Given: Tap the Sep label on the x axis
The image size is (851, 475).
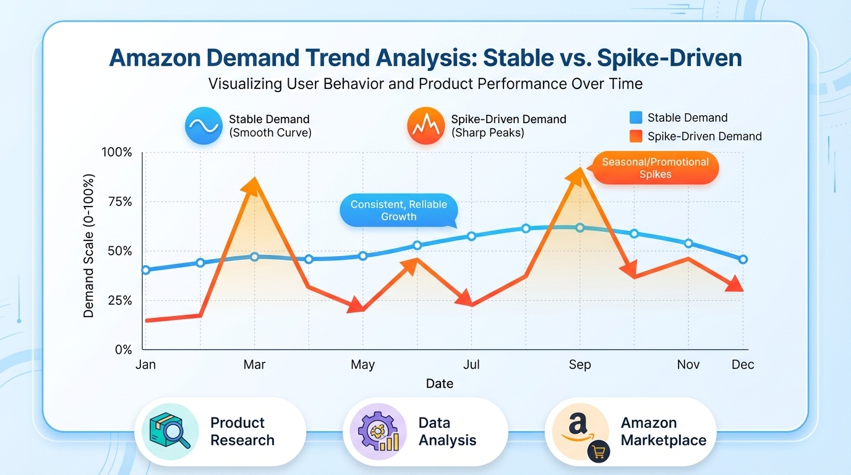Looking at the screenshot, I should pyautogui.click(x=579, y=365).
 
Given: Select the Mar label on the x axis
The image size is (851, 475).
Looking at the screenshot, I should pyautogui.click(x=254, y=365).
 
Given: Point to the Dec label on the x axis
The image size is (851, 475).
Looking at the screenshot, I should pyautogui.click(x=743, y=365).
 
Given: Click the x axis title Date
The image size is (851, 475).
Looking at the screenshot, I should pyautogui.click(x=439, y=383).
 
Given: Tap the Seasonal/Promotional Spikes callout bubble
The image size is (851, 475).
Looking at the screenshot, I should pyautogui.click(x=656, y=168).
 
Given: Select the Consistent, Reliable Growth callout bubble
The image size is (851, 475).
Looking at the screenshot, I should pyautogui.click(x=399, y=210).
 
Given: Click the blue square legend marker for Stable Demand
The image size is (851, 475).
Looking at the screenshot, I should pyautogui.click(x=635, y=118).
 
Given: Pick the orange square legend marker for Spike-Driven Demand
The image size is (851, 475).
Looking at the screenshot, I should pyautogui.click(x=635, y=137).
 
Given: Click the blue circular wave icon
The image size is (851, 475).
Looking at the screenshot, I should pyautogui.click(x=203, y=126).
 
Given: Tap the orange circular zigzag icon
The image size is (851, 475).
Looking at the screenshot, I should pyautogui.click(x=426, y=126).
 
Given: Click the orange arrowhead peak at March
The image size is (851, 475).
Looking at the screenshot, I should pyautogui.click(x=254, y=184).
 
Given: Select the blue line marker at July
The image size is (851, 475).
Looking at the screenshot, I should pyautogui.click(x=471, y=236).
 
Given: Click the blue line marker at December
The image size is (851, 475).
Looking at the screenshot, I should pyautogui.click(x=743, y=259).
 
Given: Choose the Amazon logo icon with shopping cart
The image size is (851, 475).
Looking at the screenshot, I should pyautogui.click(x=580, y=432).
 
